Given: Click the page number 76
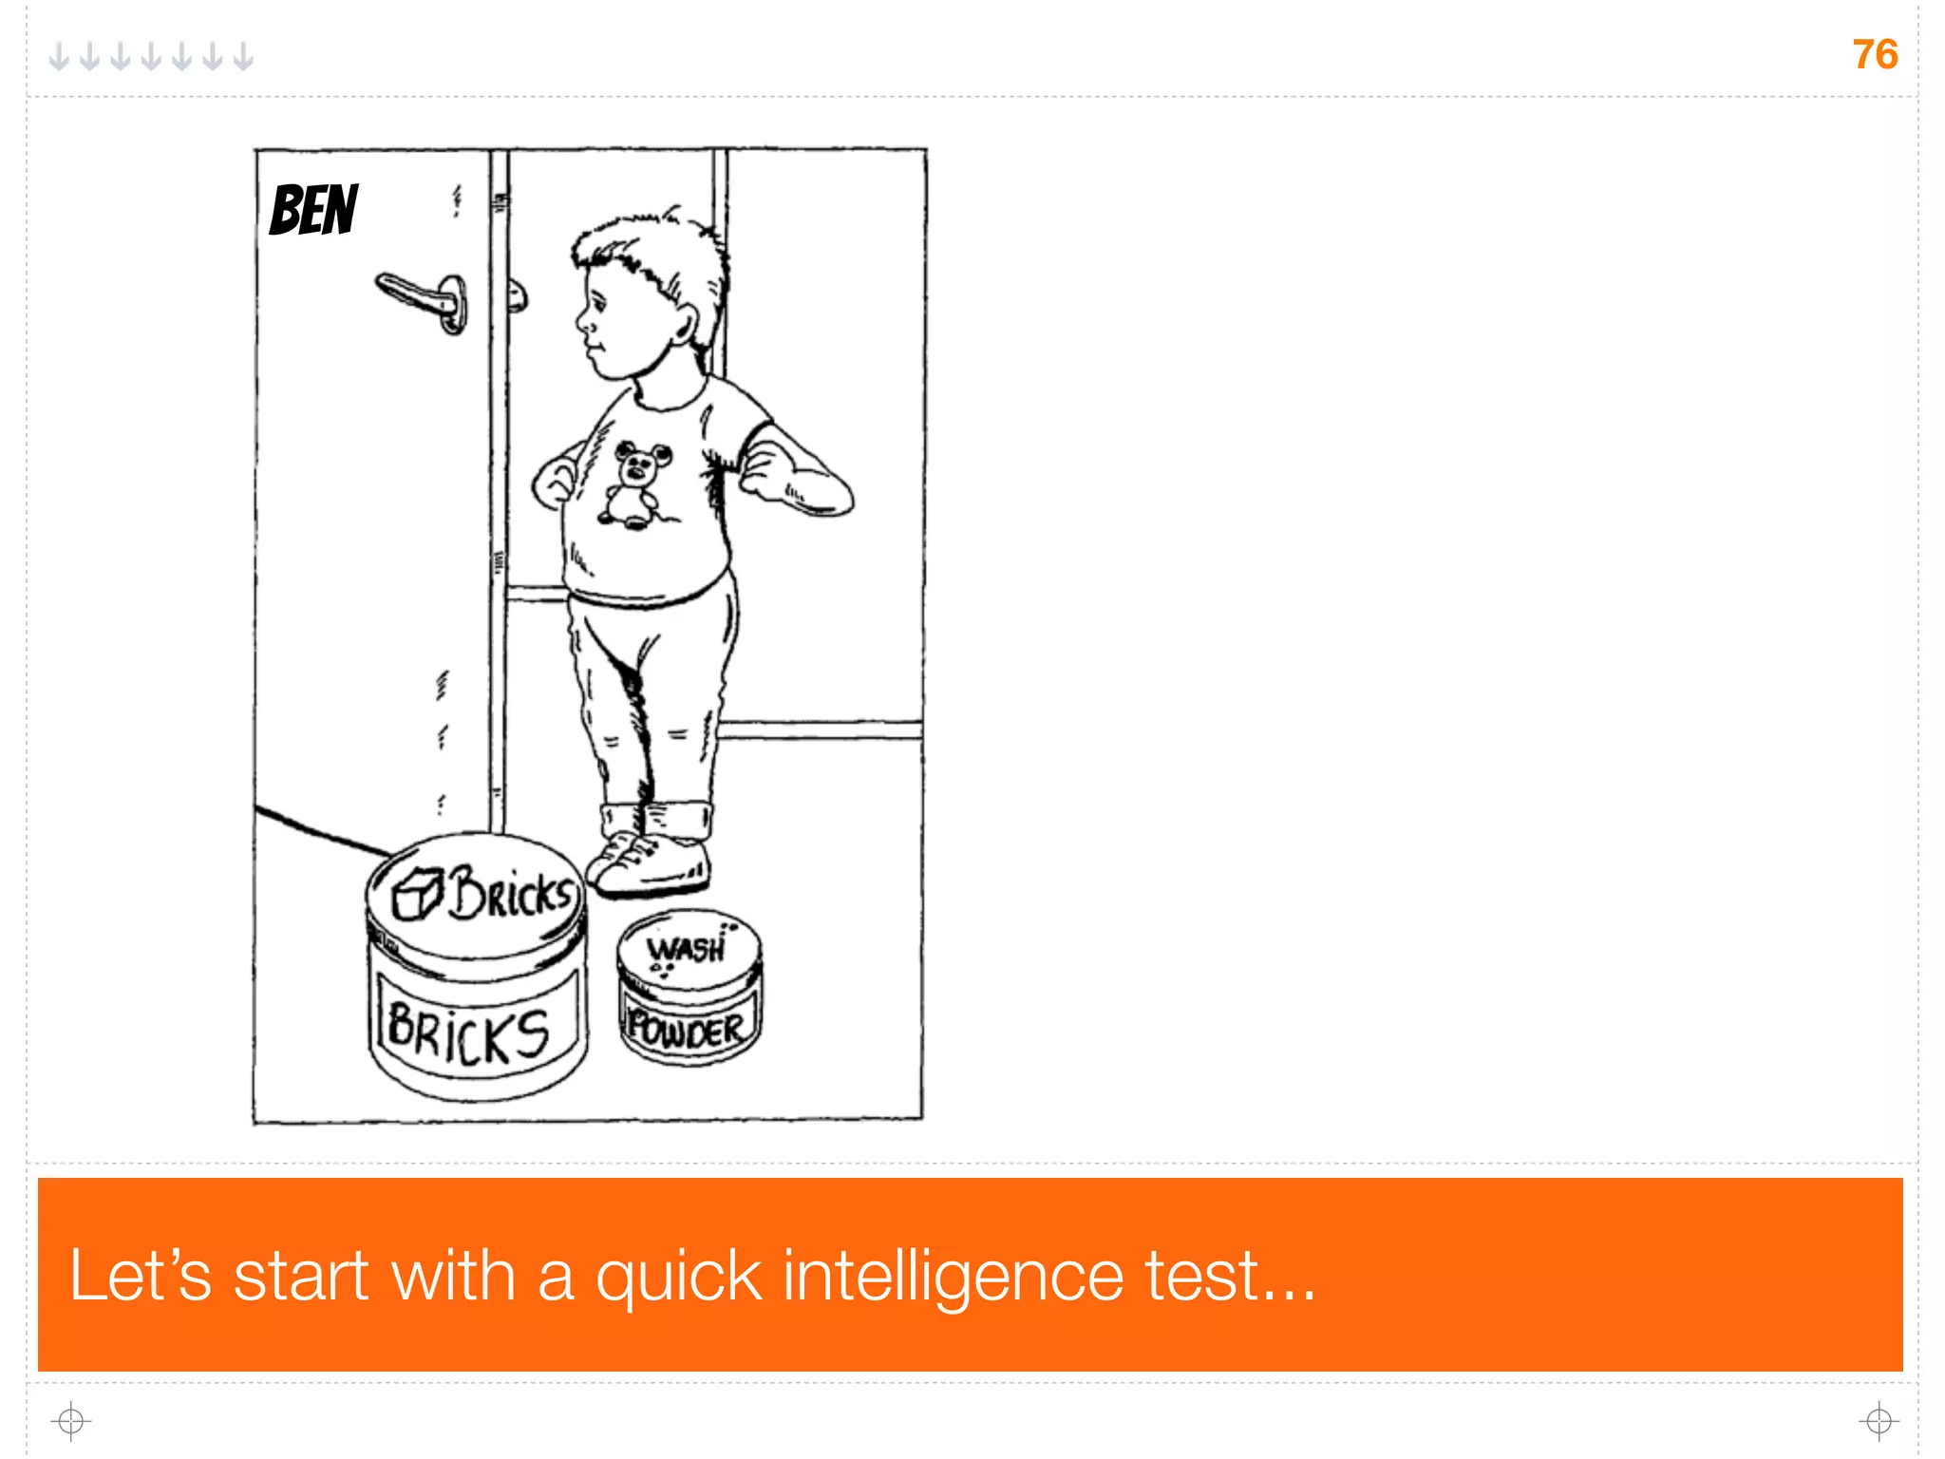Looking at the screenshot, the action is tap(1875, 54).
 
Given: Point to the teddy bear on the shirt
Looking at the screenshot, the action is tap(633, 483).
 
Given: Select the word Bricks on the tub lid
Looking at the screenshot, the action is tap(512, 893).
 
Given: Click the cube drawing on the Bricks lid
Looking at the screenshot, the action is tap(417, 894).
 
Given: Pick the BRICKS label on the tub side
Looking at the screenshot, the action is tap(468, 1034).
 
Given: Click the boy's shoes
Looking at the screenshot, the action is tap(648, 861).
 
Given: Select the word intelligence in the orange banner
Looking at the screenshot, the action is tap(953, 1276).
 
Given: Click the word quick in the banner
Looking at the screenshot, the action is tap(678, 1276).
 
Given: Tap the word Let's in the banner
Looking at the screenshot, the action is tap(140, 1274).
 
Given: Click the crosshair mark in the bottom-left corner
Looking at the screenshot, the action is tap(70, 1421).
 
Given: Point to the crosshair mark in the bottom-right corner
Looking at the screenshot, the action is tap(1879, 1421).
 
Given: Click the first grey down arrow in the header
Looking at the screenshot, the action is tap(59, 57).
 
